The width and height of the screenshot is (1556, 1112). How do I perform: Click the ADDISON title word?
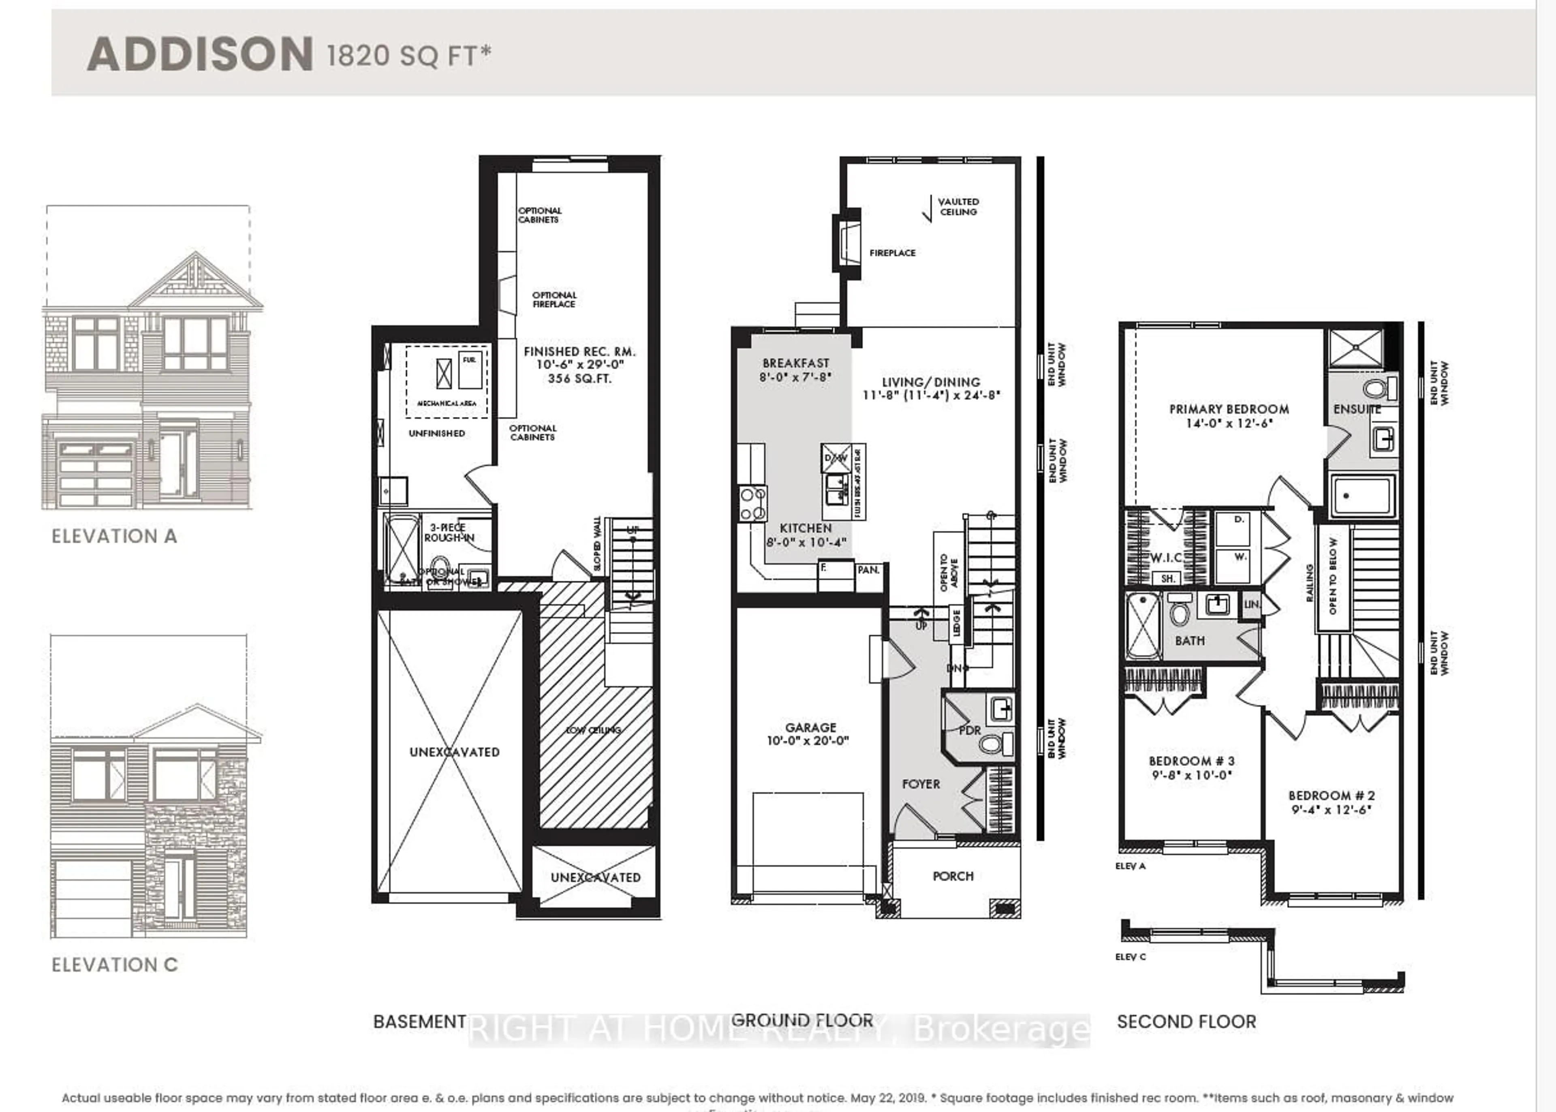[200, 55]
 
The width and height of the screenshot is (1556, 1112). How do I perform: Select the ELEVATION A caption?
[114, 536]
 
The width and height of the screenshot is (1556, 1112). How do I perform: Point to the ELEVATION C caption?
[114, 965]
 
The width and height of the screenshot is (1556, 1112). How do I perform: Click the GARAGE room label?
[810, 727]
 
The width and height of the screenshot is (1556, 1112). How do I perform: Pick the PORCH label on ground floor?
[953, 876]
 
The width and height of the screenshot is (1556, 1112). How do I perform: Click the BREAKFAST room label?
[795, 363]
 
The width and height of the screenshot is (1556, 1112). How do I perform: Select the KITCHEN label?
[806, 528]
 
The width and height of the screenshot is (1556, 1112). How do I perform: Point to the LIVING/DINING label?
[931, 382]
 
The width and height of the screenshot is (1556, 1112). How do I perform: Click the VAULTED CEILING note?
[958, 207]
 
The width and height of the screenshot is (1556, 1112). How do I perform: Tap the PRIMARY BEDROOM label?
[1229, 409]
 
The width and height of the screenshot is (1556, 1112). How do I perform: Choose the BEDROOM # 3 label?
[1191, 761]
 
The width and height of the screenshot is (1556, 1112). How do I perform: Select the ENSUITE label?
[1357, 409]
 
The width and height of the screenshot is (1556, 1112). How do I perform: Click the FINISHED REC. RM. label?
[579, 352]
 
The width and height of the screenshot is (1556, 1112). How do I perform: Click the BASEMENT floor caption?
[420, 1022]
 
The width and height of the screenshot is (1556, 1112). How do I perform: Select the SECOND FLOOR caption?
[1186, 1022]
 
